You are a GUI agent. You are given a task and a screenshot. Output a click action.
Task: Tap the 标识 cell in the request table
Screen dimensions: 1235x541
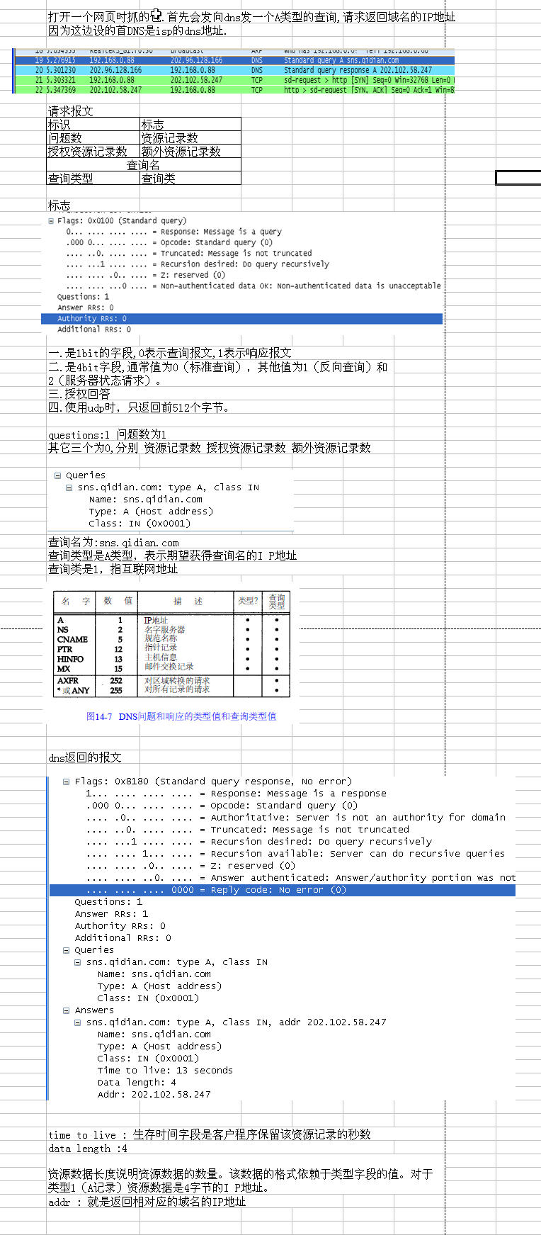(93, 125)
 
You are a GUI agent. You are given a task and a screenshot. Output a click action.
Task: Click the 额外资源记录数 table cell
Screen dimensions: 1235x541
(190, 152)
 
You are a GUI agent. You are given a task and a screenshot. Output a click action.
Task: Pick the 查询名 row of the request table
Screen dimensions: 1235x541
(143, 165)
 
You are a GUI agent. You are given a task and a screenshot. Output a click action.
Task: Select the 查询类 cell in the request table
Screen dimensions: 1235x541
(190, 179)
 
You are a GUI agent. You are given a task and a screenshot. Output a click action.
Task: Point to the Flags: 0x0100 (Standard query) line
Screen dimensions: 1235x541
(121, 221)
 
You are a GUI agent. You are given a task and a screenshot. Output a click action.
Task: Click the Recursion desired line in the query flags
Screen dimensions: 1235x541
(198, 264)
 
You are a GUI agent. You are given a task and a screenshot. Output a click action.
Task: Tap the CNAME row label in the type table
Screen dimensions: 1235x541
(72, 639)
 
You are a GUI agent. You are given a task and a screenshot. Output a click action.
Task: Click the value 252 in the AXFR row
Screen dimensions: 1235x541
(116, 680)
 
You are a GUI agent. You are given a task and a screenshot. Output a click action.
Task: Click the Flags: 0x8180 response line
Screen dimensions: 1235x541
(212, 782)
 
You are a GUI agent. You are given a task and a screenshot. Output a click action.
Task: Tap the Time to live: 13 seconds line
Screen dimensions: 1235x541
(164, 1071)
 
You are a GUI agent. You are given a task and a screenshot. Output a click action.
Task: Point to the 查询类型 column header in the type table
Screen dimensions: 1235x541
(276, 602)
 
